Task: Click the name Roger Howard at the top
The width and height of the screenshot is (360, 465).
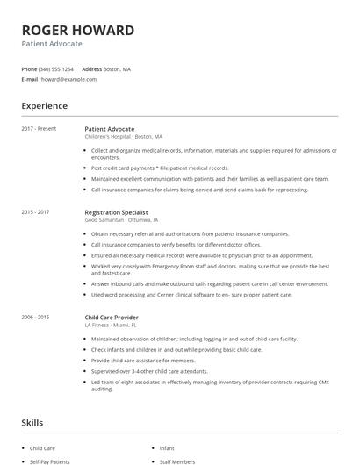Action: pyautogui.click(x=78, y=31)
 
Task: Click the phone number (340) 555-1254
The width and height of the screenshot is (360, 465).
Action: pyautogui.click(x=56, y=68)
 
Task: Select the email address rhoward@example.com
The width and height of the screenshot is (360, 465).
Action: pyautogui.click(x=68, y=79)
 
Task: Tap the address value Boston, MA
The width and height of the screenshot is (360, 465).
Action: pyautogui.click(x=118, y=68)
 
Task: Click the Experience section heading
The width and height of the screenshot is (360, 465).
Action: pyautogui.click(x=45, y=106)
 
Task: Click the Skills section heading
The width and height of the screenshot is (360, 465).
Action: pyautogui.click(x=32, y=423)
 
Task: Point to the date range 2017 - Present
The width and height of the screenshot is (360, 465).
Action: pyautogui.click(x=39, y=129)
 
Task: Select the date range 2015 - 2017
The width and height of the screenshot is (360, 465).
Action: pyautogui.click(x=35, y=212)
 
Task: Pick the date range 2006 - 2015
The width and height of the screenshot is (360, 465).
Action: pyautogui.click(x=35, y=317)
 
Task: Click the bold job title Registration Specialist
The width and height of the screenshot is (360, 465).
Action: pyautogui.click(x=116, y=212)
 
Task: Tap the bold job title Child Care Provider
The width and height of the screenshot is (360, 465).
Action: pyautogui.click(x=112, y=317)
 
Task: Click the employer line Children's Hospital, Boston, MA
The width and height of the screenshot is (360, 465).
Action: pyautogui.click(x=124, y=136)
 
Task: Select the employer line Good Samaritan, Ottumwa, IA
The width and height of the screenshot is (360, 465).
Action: pyautogui.click(x=121, y=219)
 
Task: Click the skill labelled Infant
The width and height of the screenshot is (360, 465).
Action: pyautogui.click(x=167, y=448)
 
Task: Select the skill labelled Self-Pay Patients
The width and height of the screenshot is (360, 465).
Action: pyautogui.click(x=49, y=461)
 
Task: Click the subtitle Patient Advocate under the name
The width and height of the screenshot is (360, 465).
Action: pyautogui.click(x=52, y=44)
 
